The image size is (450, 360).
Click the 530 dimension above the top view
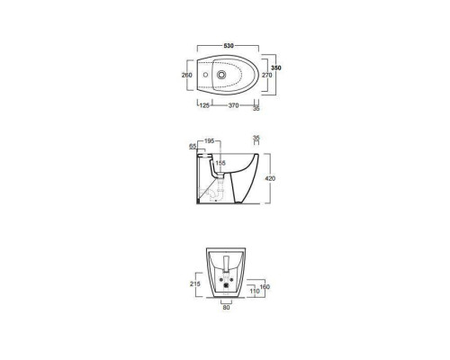(229, 46)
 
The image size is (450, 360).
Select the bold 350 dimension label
(276, 67)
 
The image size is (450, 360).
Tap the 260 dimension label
(186, 75)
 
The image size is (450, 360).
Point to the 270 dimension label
(267, 75)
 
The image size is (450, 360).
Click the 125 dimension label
(204, 105)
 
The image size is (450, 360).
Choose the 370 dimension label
(233, 105)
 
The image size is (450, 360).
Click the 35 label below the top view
(256, 109)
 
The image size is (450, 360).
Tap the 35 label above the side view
(256, 138)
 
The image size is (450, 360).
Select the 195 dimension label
(209, 140)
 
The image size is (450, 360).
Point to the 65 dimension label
(193, 147)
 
